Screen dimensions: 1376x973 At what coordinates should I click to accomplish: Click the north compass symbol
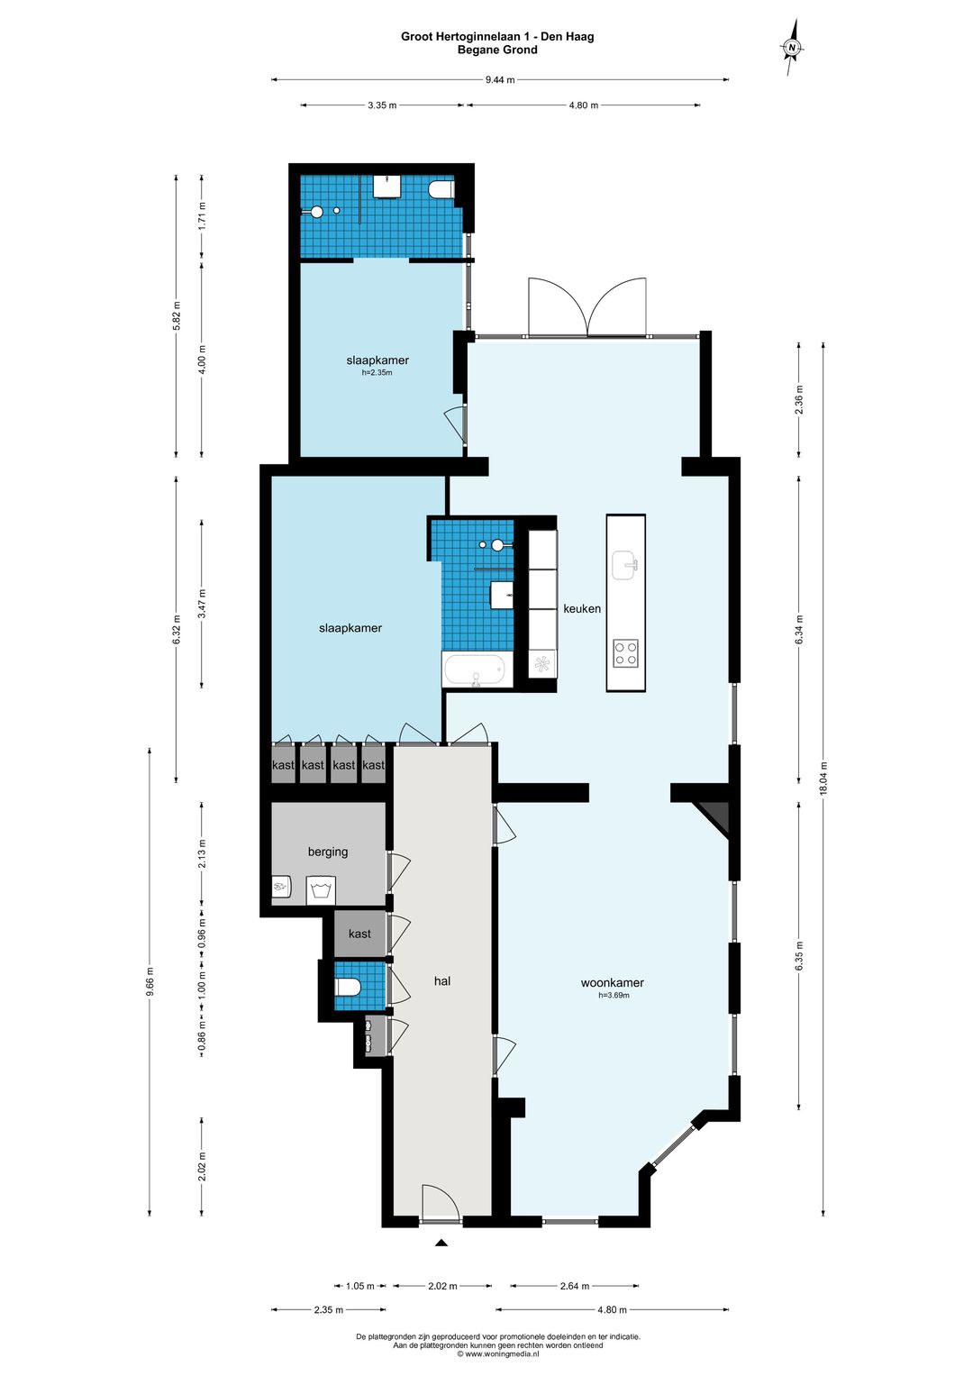tap(792, 47)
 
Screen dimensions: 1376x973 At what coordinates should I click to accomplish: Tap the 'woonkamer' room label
tap(612, 982)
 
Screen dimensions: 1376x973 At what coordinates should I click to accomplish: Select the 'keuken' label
tap(582, 608)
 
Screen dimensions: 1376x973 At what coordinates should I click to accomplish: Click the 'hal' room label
tap(441, 980)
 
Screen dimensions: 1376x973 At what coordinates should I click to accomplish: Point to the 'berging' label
tap(327, 852)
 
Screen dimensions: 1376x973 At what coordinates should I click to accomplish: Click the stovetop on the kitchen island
tap(625, 653)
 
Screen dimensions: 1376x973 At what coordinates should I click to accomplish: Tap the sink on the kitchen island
tap(624, 565)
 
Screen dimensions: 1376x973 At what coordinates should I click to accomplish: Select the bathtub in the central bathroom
tap(476, 670)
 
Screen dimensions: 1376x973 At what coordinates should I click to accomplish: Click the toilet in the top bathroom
tap(441, 190)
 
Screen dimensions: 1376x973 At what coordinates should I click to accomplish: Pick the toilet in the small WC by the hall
tap(348, 987)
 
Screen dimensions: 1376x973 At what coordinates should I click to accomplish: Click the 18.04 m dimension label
tap(823, 778)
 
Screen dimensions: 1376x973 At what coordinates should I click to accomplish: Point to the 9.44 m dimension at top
tap(500, 79)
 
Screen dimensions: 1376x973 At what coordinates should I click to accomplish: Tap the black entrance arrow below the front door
tap(441, 1244)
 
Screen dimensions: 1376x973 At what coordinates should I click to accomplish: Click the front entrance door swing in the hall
tap(441, 1203)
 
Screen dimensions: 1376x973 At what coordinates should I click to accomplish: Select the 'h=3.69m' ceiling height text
tap(613, 996)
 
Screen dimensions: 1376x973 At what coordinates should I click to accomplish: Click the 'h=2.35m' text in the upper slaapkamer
tap(377, 372)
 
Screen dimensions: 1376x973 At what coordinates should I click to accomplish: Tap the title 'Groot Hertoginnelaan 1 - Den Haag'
tap(497, 37)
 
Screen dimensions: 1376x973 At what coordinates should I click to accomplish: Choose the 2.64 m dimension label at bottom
tap(574, 1286)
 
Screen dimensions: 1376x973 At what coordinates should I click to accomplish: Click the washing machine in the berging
tap(320, 891)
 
